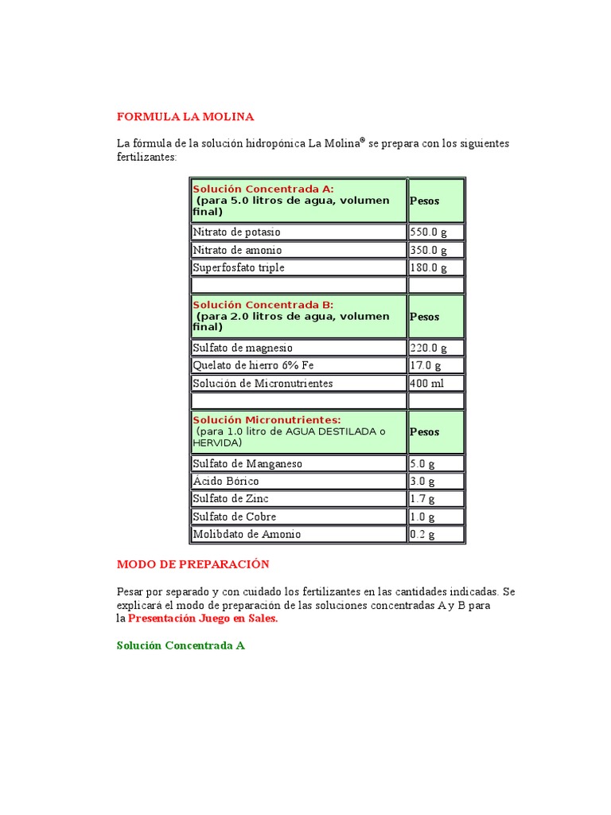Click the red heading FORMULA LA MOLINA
pyautogui.click(x=185, y=117)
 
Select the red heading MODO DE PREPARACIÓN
pyautogui.click(x=193, y=564)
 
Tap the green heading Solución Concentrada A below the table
pyautogui.click(x=181, y=645)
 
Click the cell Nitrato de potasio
pyautogui.click(x=237, y=232)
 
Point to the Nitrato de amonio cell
pyautogui.click(x=237, y=250)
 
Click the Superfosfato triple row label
pyautogui.click(x=239, y=268)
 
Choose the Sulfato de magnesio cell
pyautogui.click(x=243, y=348)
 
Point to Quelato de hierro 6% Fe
pyautogui.click(x=253, y=365)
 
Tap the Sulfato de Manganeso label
pyautogui.click(x=247, y=463)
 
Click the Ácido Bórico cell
pyautogui.click(x=226, y=482)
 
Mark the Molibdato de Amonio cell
pyautogui.click(x=247, y=535)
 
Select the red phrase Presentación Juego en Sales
pyautogui.click(x=203, y=618)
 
